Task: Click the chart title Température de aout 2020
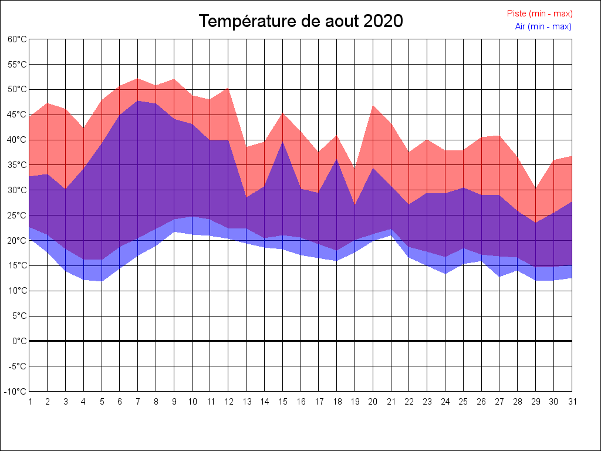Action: pos(300,21)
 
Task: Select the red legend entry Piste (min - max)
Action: pos(539,14)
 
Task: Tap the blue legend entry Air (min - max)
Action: pos(543,26)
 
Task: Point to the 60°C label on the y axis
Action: pos(17,39)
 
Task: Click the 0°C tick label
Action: pos(19,341)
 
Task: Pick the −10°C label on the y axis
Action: pos(16,392)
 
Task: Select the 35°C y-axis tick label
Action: pos(17,165)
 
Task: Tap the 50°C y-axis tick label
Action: pos(17,90)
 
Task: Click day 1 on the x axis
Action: pos(30,402)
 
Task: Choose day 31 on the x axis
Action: pos(572,402)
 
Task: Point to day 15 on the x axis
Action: pos(283,402)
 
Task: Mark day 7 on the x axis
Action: pos(138,402)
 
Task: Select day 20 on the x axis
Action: pos(373,402)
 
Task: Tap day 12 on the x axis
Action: pos(228,402)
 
